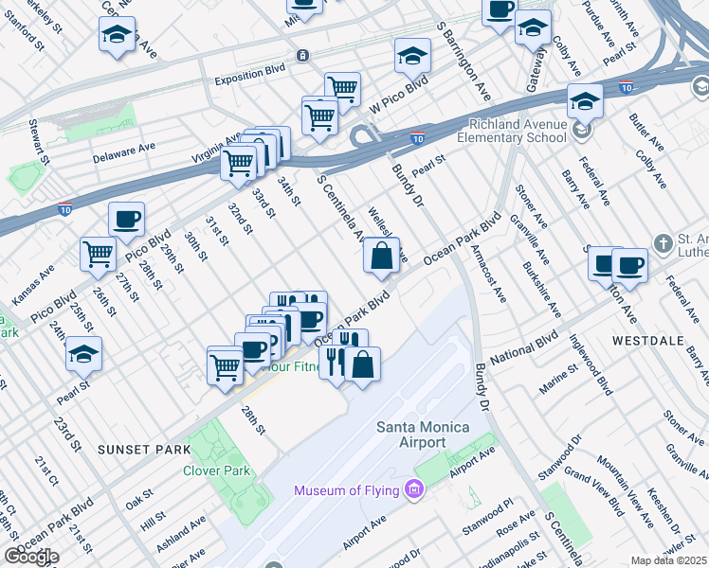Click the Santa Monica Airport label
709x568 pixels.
point(423,435)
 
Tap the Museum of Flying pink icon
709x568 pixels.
point(412,489)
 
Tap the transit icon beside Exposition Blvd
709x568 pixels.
point(301,56)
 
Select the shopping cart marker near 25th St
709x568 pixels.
point(99,254)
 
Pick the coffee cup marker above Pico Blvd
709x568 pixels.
point(126,220)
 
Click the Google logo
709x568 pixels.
point(31,557)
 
